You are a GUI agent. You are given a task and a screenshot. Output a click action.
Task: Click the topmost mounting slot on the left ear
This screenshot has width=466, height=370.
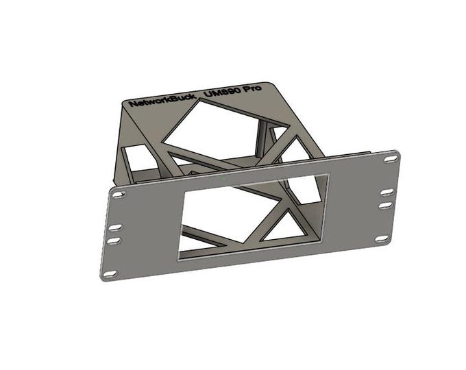(x=119, y=195)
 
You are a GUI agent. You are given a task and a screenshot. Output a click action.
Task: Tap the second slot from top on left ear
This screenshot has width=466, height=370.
(x=116, y=227)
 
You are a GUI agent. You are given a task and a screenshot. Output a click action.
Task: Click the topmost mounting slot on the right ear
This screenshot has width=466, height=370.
(x=391, y=158)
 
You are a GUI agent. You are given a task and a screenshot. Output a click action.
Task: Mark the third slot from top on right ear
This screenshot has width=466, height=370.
(x=388, y=205)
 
